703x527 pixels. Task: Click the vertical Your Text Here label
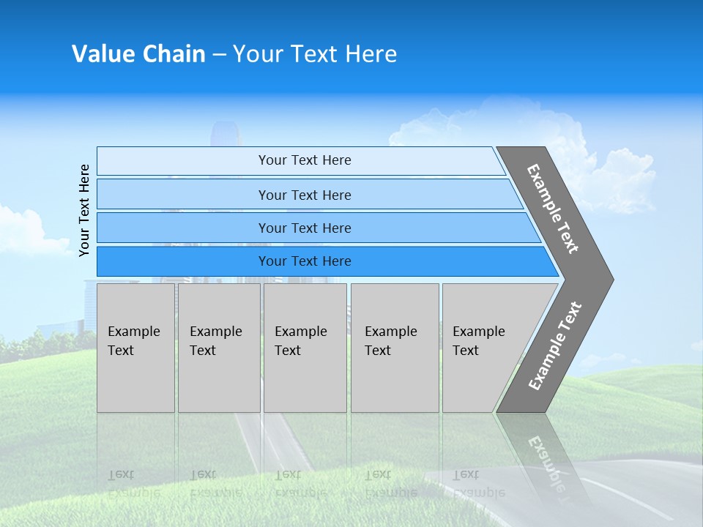84,210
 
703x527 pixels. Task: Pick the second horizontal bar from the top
304,195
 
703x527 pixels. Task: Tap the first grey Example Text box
135,348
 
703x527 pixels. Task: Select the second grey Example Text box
219,348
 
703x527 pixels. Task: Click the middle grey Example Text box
305,348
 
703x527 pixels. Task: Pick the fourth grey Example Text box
395,348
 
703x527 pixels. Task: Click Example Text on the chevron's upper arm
553,209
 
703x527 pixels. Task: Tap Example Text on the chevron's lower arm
554,346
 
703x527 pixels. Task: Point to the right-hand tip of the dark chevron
611,279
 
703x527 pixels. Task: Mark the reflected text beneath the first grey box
122,483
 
